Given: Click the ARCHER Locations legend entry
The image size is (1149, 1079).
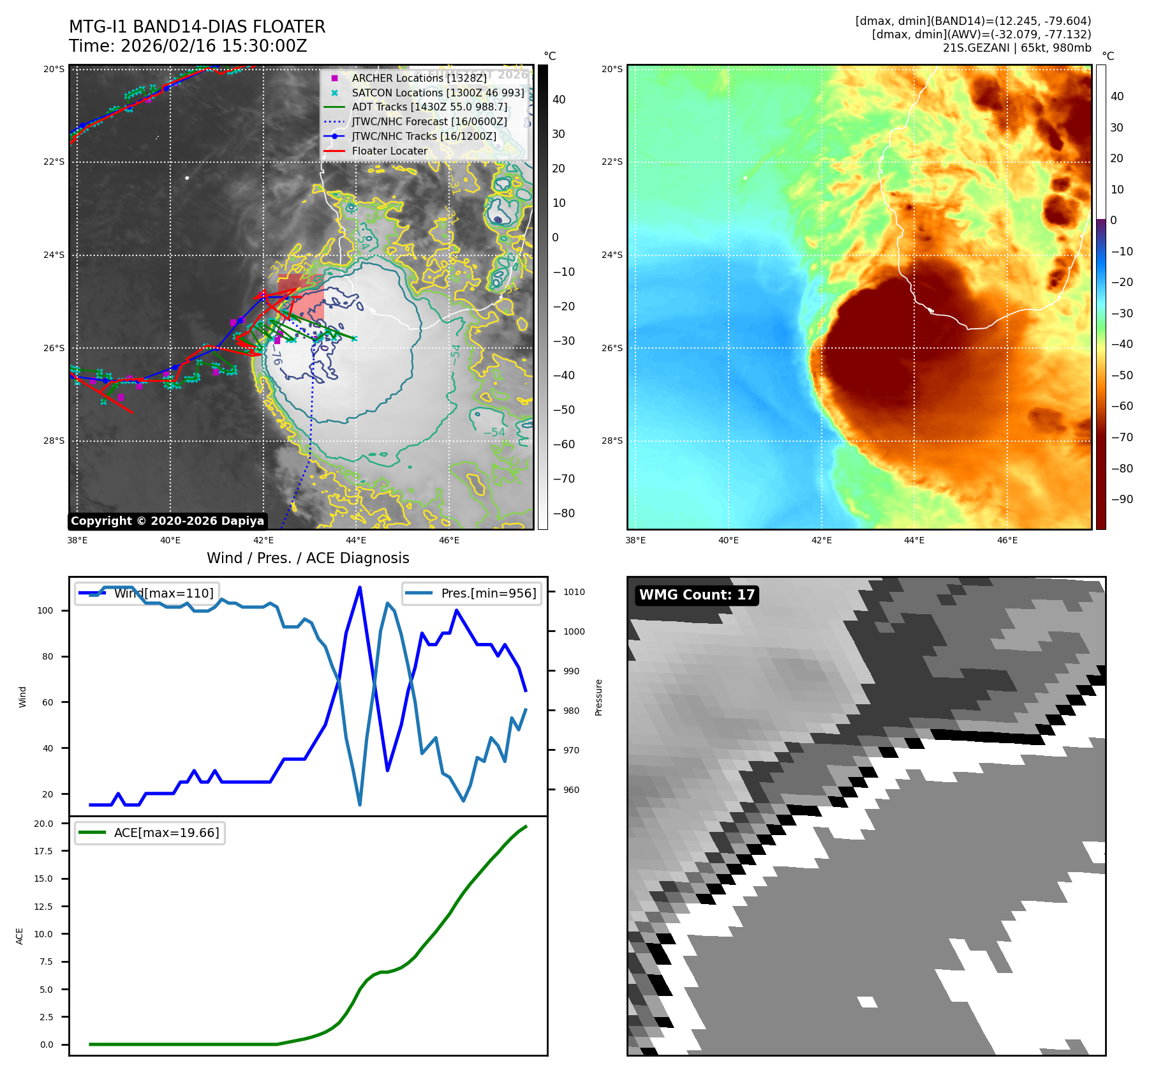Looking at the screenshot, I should (419, 78).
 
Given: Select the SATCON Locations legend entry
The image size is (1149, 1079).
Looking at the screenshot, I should (438, 93).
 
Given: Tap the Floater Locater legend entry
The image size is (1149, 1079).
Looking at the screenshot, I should (389, 151).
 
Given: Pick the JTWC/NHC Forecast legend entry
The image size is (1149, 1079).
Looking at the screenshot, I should (429, 121).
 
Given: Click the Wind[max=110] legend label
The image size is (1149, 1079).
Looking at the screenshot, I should (163, 593).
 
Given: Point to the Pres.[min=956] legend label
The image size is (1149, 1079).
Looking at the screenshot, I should (488, 593).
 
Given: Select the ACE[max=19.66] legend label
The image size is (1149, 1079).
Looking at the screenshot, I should (166, 833).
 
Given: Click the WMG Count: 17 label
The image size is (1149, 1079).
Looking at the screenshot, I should (697, 595).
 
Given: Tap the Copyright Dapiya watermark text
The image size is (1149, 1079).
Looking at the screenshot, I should (167, 521).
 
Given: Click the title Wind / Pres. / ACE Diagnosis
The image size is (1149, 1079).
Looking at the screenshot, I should (308, 558).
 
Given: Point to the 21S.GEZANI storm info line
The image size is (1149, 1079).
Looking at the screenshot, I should (1016, 48).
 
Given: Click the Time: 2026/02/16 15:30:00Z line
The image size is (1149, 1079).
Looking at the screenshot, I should (188, 46).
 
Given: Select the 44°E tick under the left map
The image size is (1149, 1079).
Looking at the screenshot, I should (356, 540).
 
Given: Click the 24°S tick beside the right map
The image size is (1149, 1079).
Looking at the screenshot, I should (612, 255).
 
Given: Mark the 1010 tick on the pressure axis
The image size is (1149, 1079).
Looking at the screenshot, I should (574, 592).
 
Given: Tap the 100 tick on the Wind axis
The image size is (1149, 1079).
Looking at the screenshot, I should (45, 610).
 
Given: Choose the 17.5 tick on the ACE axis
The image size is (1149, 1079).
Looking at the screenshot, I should (43, 851).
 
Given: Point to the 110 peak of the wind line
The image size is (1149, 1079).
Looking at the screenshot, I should (360, 587).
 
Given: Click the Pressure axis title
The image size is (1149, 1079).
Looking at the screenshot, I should (598, 697).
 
